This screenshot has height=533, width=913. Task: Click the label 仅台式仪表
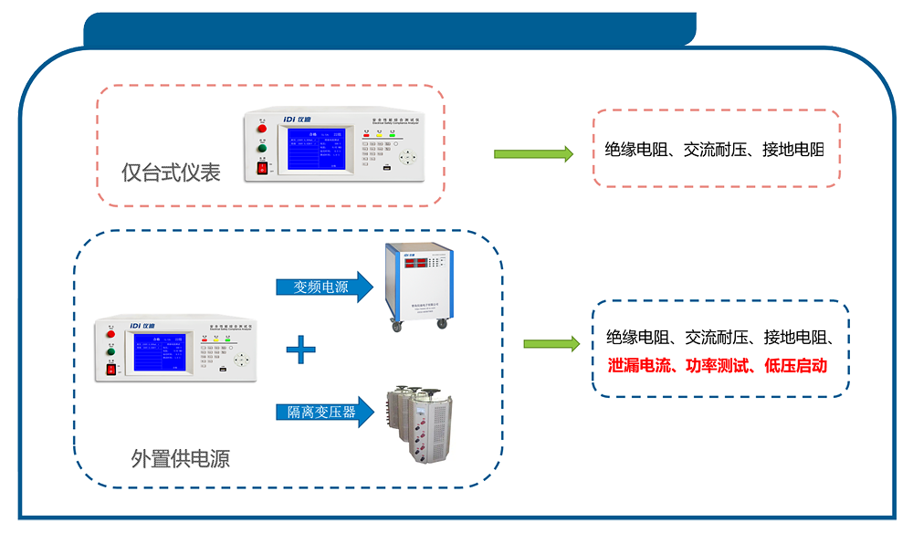point(171,172)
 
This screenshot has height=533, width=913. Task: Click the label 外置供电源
point(180,458)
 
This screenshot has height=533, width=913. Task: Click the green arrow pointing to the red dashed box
point(533,153)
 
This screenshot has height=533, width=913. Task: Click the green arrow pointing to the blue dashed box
point(551,344)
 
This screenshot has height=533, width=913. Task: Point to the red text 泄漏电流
point(639,365)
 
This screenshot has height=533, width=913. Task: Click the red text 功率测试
point(718,365)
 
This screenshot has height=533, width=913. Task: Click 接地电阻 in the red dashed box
point(792,150)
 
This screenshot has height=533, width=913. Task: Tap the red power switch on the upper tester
point(263,167)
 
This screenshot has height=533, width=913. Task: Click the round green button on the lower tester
point(110,350)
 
